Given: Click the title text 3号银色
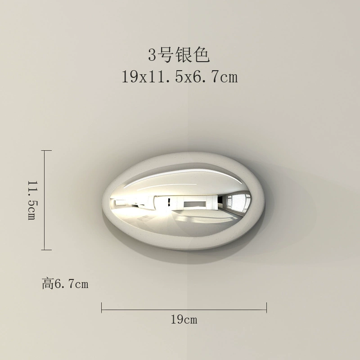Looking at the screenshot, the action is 179,55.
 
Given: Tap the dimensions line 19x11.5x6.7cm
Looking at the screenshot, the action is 180,77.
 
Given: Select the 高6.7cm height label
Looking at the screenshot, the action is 65,284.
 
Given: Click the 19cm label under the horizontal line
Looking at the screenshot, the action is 184,319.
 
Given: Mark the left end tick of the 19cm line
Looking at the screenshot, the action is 102,308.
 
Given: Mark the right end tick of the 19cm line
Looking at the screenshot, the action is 266,308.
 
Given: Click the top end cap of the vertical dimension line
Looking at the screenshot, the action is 46,151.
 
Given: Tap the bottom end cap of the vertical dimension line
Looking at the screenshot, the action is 46,250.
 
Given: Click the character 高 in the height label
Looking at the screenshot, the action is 48,284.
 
